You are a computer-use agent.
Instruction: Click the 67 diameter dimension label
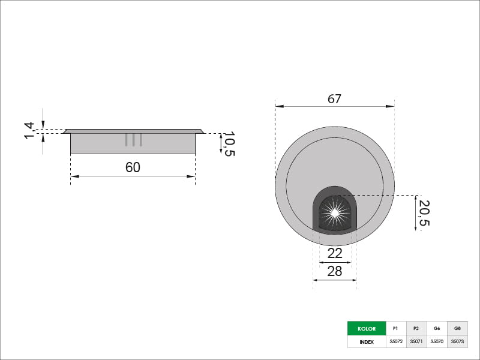(x=334, y=99)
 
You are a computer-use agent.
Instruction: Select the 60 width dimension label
(x=133, y=167)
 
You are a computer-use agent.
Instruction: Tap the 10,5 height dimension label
(x=229, y=144)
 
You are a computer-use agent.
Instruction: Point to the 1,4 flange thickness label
(x=29, y=130)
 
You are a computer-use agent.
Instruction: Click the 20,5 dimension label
(x=424, y=213)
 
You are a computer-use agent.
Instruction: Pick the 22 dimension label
(x=335, y=253)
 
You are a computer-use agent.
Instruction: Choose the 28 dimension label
(x=335, y=271)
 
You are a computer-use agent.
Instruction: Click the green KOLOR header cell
(x=367, y=328)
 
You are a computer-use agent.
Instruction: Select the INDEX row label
(x=367, y=341)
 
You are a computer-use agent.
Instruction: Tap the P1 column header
(x=396, y=328)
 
